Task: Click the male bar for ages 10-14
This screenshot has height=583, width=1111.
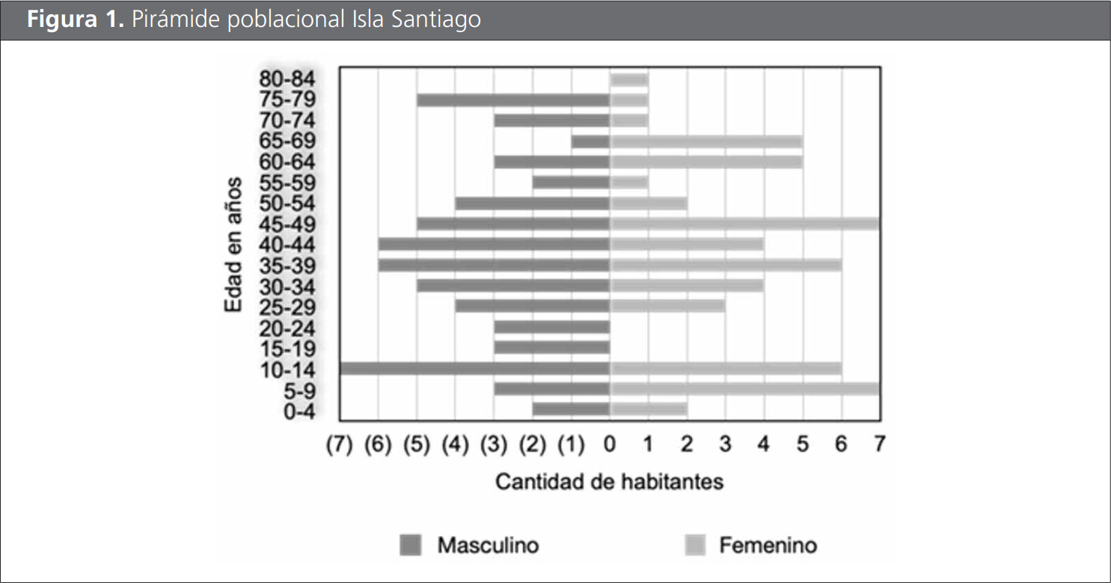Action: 474,368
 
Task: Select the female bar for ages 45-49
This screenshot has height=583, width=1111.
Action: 744,224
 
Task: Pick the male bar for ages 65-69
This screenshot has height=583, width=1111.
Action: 590,141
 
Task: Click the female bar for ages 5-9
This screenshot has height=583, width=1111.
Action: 744,388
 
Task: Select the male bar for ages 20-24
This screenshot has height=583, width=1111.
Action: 552,327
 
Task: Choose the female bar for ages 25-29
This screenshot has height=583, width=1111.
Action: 667,306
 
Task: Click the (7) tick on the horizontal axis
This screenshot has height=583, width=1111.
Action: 339,445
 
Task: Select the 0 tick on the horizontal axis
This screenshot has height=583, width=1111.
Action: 610,445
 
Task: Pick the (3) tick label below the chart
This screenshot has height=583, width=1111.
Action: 494,445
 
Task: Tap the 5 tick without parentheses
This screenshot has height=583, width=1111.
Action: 802,445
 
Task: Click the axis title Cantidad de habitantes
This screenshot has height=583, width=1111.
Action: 609,481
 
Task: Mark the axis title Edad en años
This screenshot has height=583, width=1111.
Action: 234,245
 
